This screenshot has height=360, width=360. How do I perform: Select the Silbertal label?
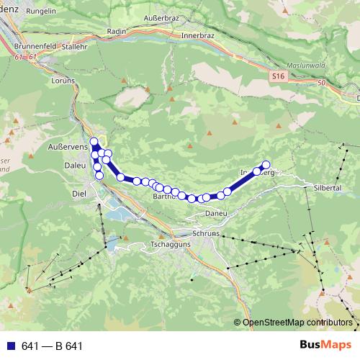[x=327, y=186]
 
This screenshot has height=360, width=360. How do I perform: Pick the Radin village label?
[x=116, y=32]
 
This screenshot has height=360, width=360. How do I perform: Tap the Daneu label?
[x=215, y=214]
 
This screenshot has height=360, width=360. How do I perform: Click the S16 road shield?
[x=279, y=75]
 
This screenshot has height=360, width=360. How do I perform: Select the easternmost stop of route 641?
[x=266, y=164]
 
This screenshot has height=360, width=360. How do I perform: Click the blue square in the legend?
[x=12, y=346]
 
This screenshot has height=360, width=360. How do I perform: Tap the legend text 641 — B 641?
[x=52, y=346]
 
